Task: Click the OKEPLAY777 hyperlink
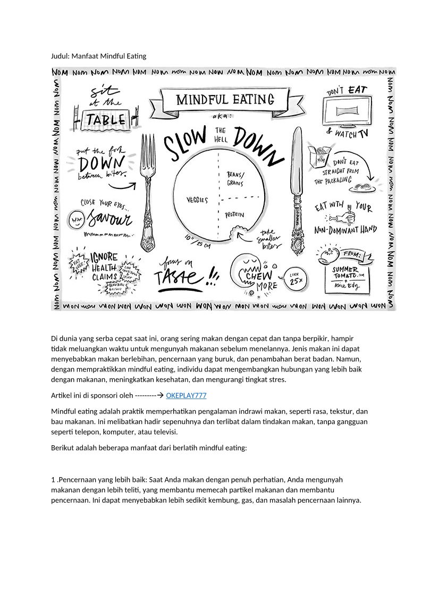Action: (186, 395)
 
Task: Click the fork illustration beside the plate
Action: (148, 191)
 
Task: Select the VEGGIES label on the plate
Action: (197, 200)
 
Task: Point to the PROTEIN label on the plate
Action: (234, 215)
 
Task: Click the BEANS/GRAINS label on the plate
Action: (235, 178)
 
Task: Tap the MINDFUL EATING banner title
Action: (225, 100)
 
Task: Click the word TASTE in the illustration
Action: (178, 278)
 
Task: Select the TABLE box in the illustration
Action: (106, 120)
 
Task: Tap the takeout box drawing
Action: (322, 157)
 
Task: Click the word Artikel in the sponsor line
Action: (62, 395)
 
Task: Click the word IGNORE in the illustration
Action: (104, 257)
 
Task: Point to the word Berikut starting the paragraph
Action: (63, 447)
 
